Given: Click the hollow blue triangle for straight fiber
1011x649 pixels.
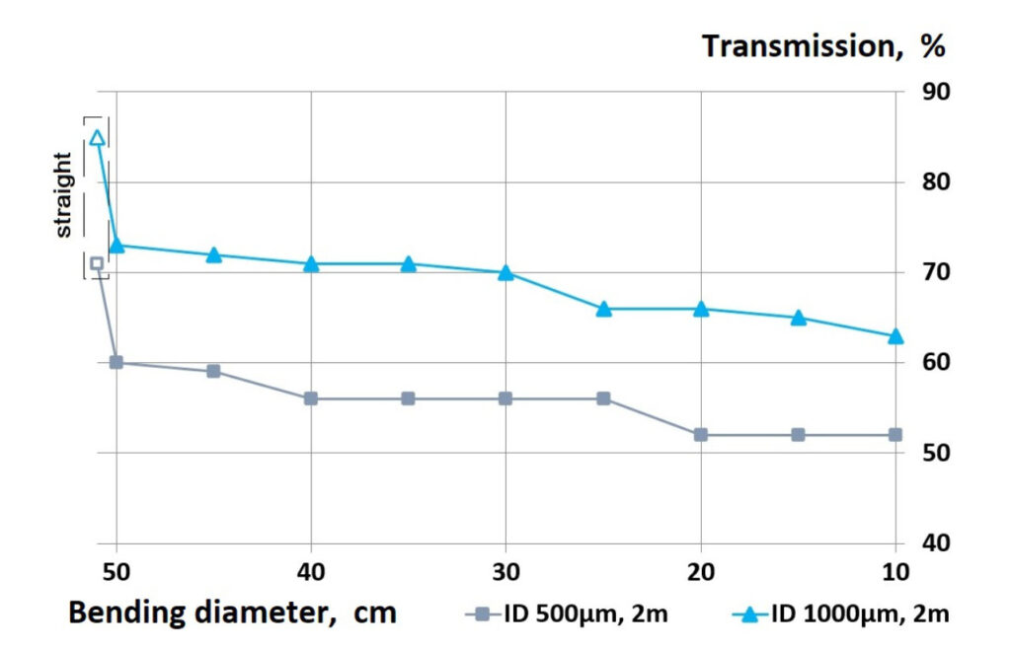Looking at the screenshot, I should pos(97,137).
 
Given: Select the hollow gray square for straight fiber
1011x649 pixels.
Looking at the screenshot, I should pos(97,263).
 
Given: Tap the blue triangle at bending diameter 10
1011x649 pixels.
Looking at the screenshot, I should pos(895,336).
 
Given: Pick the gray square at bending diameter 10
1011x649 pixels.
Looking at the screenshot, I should pos(895,435).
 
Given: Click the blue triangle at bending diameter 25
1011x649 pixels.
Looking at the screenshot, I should pos(603,309).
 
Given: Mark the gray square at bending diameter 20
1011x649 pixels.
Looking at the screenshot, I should pos(701,435).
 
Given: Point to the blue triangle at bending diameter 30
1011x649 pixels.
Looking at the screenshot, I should pos(505,272).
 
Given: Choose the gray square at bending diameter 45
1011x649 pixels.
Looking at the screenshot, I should pos(213,372).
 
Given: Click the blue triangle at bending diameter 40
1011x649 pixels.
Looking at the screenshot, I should pos(311,263).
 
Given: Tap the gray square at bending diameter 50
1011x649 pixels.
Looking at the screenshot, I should pos(117,363).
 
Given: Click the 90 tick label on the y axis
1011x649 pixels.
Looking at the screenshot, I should pos(935,92).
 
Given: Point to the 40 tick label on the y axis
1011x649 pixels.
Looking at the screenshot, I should pos(935,543).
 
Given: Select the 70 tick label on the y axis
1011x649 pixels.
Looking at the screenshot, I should pos(935,272).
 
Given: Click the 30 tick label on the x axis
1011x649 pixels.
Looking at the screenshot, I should pos(505,573).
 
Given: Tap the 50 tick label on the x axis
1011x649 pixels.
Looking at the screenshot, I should pos(117,573).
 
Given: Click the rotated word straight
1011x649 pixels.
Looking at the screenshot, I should pos(63,194).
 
